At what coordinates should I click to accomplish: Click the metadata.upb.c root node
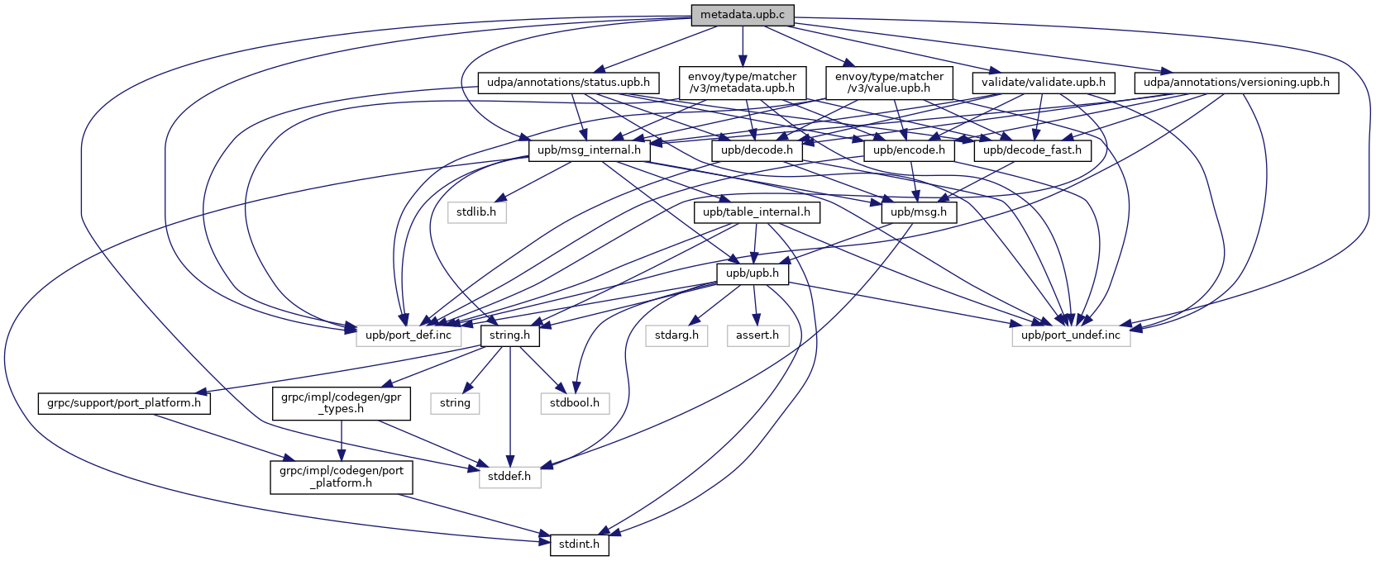click(x=743, y=15)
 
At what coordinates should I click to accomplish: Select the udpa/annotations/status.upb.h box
click(x=568, y=83)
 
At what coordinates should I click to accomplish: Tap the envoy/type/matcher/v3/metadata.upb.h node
click(x=742, y=83)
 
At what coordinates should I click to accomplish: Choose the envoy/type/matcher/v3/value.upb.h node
click(x=889, y=83)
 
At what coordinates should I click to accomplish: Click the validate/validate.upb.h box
click(x=1043, y=83)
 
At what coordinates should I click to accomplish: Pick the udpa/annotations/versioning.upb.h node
click(x=1235, y=83)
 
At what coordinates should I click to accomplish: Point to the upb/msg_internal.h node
click(x=588, y=150)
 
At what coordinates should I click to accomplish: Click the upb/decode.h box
click(x=756, y=150)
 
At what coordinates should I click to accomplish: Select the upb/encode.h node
click(x=908, y=150)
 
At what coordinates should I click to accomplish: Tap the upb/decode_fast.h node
click(x=1033, y=150)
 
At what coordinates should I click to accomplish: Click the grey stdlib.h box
click(x=476, y=212)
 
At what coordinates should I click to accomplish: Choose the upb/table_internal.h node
click(x=757, y=212)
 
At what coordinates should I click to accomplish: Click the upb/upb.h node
click(x=752, y=273)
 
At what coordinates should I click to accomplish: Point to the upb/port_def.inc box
click(x=408, y=335)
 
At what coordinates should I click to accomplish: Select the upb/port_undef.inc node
click(x=1070, y=335)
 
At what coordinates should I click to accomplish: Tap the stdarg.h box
click(x=676, y=335)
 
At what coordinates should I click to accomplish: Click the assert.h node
click(x=757, y=335)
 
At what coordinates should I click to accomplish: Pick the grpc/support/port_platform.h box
click(x=124, y=403)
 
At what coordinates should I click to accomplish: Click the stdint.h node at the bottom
click(x=579, y=545)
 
